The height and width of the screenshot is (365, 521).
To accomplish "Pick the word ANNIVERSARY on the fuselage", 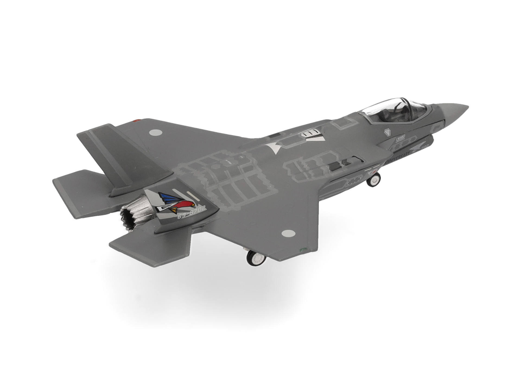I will tap(397, 158).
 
